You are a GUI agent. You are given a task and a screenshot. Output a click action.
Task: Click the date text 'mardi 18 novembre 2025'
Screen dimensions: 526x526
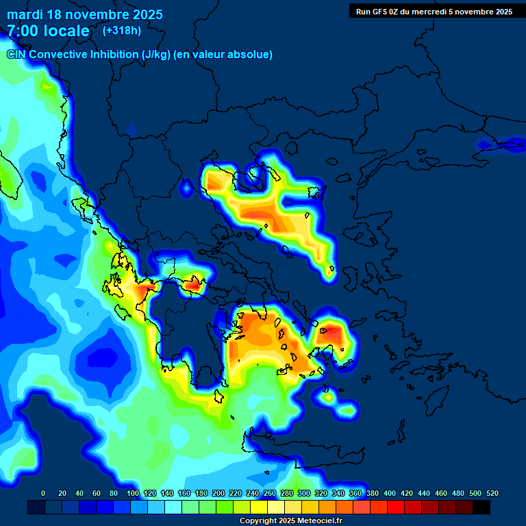[84, 14]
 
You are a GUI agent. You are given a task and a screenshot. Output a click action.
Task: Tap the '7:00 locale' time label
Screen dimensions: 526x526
[48, 31]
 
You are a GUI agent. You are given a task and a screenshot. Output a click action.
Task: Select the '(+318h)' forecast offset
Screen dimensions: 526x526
[122, 30]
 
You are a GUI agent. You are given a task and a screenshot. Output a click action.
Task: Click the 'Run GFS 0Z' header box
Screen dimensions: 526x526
[434, 11]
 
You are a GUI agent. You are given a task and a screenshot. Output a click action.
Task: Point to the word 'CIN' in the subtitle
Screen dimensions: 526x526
[17, 54]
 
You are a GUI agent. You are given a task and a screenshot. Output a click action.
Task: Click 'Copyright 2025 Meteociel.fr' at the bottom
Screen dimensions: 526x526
[290, 521]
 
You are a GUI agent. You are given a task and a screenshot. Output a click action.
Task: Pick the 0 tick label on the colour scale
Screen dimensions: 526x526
[43, 493]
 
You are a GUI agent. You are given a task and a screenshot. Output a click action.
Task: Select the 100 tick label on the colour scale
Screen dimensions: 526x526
[133, 493]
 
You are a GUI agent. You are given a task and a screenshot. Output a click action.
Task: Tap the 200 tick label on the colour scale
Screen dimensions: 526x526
[218, 493]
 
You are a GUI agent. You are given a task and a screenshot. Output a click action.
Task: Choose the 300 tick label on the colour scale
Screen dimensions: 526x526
[303, 493]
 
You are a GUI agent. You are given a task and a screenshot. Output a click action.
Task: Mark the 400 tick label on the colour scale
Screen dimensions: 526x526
[389, 493]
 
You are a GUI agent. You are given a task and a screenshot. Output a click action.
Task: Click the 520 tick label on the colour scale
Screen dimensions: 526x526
[492, 493]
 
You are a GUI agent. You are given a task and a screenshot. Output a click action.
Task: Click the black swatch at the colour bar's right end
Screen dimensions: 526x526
[481, 508]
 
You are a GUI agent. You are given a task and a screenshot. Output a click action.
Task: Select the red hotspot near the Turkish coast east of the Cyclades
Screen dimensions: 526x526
[334, 333]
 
